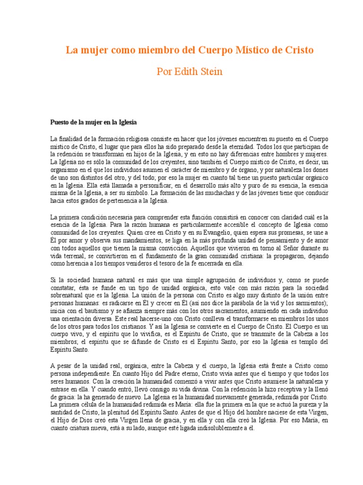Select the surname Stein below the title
pos(212,72)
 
